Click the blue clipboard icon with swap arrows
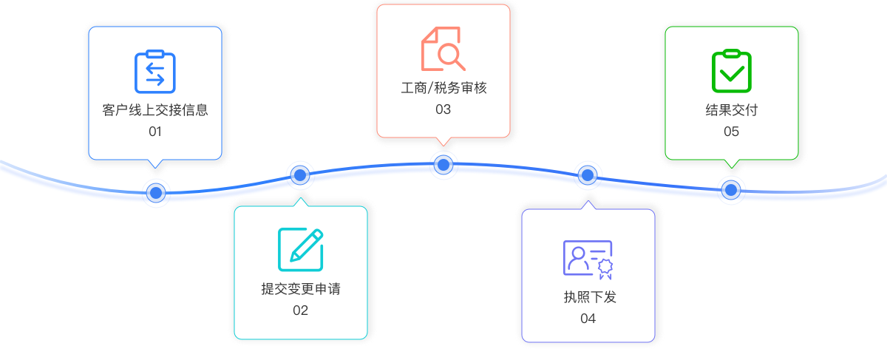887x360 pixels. coord(155,72)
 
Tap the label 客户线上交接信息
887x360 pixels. coord(155,111)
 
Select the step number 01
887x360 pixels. coord(155,132)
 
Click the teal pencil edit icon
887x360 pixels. coord(301,250)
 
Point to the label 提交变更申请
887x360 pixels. coord(301,289)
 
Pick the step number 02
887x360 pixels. coord(300,310)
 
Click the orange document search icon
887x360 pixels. coord(443,49)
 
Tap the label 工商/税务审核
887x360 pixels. coord(443,88)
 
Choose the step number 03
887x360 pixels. coord(443,109)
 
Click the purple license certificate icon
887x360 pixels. coord(588,259)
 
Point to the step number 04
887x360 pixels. coord(588,319)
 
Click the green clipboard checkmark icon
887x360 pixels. coord(731,72)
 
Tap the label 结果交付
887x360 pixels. coord(732,111)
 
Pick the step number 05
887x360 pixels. coord(731,132)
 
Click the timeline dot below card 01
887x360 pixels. coord(155,193)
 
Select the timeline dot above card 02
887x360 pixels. coord(299,175)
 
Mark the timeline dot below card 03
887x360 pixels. coord(443,164)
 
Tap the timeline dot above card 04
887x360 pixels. coord(588,175)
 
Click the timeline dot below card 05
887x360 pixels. coord(731,190)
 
